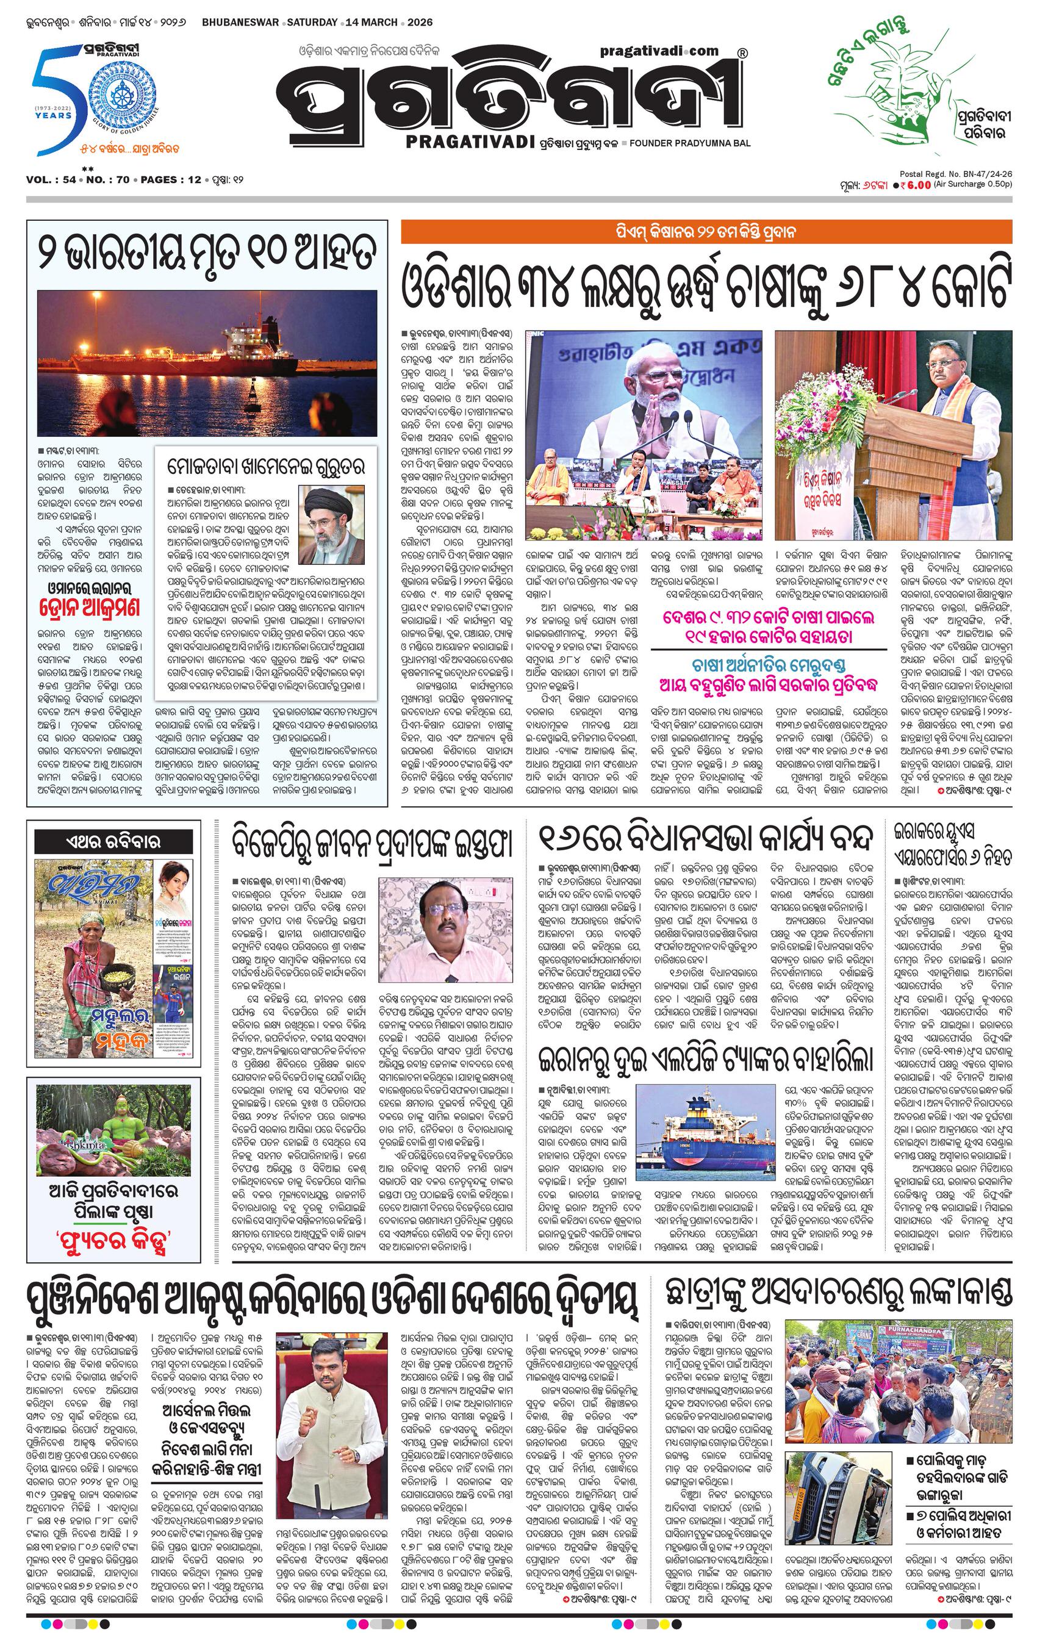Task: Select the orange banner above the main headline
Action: coord(705,232)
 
